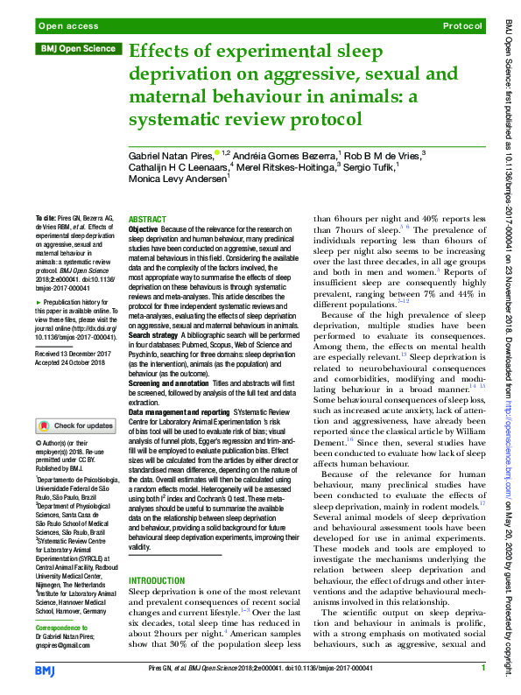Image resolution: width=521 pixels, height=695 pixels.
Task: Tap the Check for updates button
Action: [x=76, y=425]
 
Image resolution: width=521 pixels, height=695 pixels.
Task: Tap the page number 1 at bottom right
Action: [x=482, y=669]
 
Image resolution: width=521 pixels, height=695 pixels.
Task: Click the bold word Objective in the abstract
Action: [x=144, y=228]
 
